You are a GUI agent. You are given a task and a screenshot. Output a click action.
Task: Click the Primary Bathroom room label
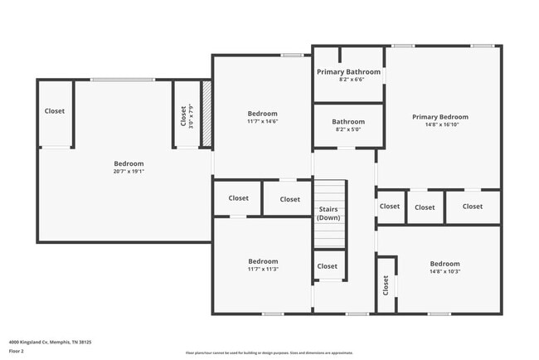point(348,72)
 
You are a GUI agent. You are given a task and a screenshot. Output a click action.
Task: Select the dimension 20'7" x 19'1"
point(129,172)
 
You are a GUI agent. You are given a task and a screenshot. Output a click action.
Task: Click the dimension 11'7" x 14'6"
point(262,121)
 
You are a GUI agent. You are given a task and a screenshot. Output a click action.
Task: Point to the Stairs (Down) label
point(328,213)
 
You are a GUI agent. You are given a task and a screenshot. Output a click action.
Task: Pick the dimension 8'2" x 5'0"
point(348,129)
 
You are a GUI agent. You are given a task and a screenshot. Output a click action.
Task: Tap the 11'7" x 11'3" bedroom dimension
point(262,269)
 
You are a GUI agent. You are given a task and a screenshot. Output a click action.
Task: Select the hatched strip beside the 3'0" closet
point(207,114)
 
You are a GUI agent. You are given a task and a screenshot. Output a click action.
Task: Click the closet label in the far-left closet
point(55,111)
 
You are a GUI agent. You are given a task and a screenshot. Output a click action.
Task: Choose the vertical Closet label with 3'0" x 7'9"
point(183,115)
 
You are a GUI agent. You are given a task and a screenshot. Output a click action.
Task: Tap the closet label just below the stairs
point(328,266)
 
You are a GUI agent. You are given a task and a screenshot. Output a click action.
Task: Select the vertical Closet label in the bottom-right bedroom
point(386,285)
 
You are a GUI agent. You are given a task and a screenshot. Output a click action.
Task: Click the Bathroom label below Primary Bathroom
point(348,122)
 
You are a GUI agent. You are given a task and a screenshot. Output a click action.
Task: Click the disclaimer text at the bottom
point(269,353)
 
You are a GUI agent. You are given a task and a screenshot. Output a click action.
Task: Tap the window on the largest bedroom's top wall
point(122,80)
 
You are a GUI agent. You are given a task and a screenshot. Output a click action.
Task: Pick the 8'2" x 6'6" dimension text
point(348,80)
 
